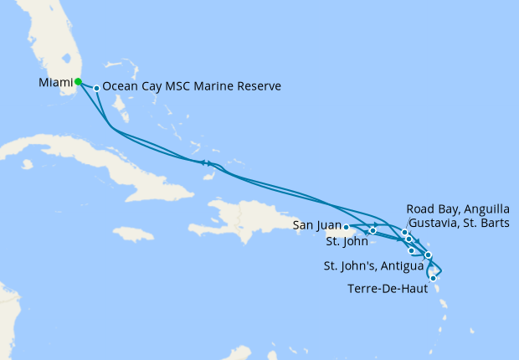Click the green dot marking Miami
pos(78,82)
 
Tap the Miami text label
pos(55,82)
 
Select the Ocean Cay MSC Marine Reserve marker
pos(97,88)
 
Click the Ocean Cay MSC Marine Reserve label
pos(192,86)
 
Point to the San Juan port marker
pos(346,227)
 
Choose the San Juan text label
pos(316,225)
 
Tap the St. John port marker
pos(373,230)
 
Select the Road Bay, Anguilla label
pos(457,208)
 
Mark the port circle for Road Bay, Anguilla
pos(404,233)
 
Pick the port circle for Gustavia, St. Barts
pos(409,239)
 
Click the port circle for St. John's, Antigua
pos(428,255)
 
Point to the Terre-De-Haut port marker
pos(433,278)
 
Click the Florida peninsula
pos(50,42)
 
